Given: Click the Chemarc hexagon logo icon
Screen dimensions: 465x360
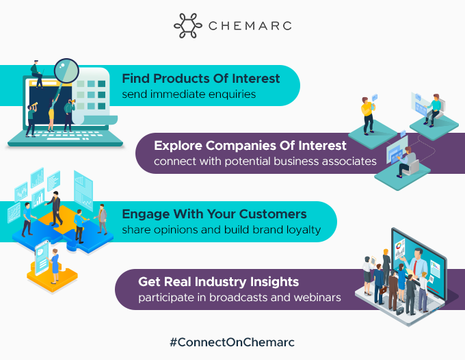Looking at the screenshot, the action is click(x=188, y=25).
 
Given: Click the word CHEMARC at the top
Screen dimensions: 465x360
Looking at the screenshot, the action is click(x=250, y=26).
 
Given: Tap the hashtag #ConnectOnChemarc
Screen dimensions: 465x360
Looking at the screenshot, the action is click(x=232, y=342).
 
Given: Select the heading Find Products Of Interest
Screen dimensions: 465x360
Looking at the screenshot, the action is click(x=201, y=79).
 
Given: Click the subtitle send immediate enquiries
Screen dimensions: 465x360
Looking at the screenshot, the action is click(x=189, y=94).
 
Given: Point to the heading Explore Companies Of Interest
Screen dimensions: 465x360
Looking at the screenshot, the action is click(x=250, y=146).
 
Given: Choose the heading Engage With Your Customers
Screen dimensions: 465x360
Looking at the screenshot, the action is click(x=214, y=214).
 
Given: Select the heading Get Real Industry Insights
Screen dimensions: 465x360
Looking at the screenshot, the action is click(x=218, y=282).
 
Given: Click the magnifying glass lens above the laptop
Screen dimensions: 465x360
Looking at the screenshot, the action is click(x=67, y=71).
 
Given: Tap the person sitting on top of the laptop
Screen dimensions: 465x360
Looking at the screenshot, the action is click(x=37, y=74).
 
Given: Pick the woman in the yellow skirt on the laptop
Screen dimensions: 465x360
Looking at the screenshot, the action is click(x=52, y=113).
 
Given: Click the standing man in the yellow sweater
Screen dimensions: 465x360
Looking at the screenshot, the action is click(x=368, y=116).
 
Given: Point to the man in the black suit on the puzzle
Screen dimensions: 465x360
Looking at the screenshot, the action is click(x=54, y=208).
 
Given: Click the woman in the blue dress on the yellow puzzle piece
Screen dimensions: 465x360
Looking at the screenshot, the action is click(x=54, y=266).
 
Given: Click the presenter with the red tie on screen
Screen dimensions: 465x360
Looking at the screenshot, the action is click(x=417, y=262).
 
